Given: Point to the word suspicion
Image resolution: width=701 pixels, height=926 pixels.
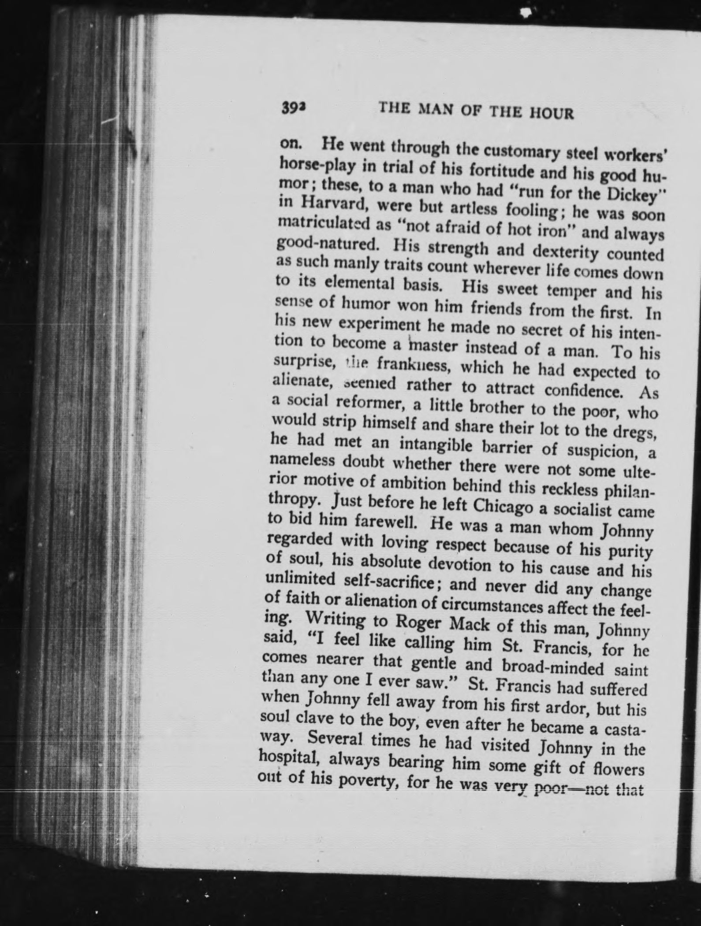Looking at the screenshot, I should (x=601, y=451).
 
